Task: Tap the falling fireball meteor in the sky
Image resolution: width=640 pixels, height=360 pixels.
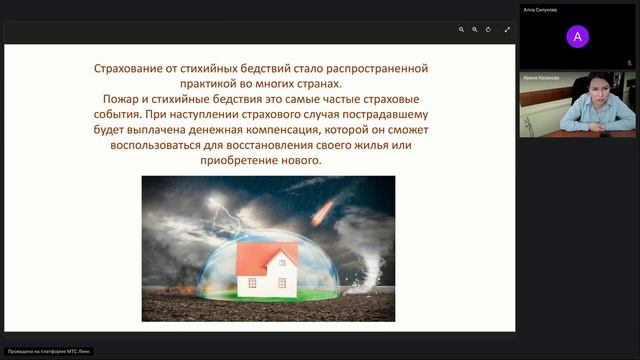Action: point(324,211)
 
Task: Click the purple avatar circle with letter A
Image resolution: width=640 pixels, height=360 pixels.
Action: point(577,37)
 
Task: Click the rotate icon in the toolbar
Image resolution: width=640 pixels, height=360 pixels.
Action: point(489,30)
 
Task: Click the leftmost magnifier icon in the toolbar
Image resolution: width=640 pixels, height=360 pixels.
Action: point(461,30)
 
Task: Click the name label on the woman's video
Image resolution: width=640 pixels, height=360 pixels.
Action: point(539,77)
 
